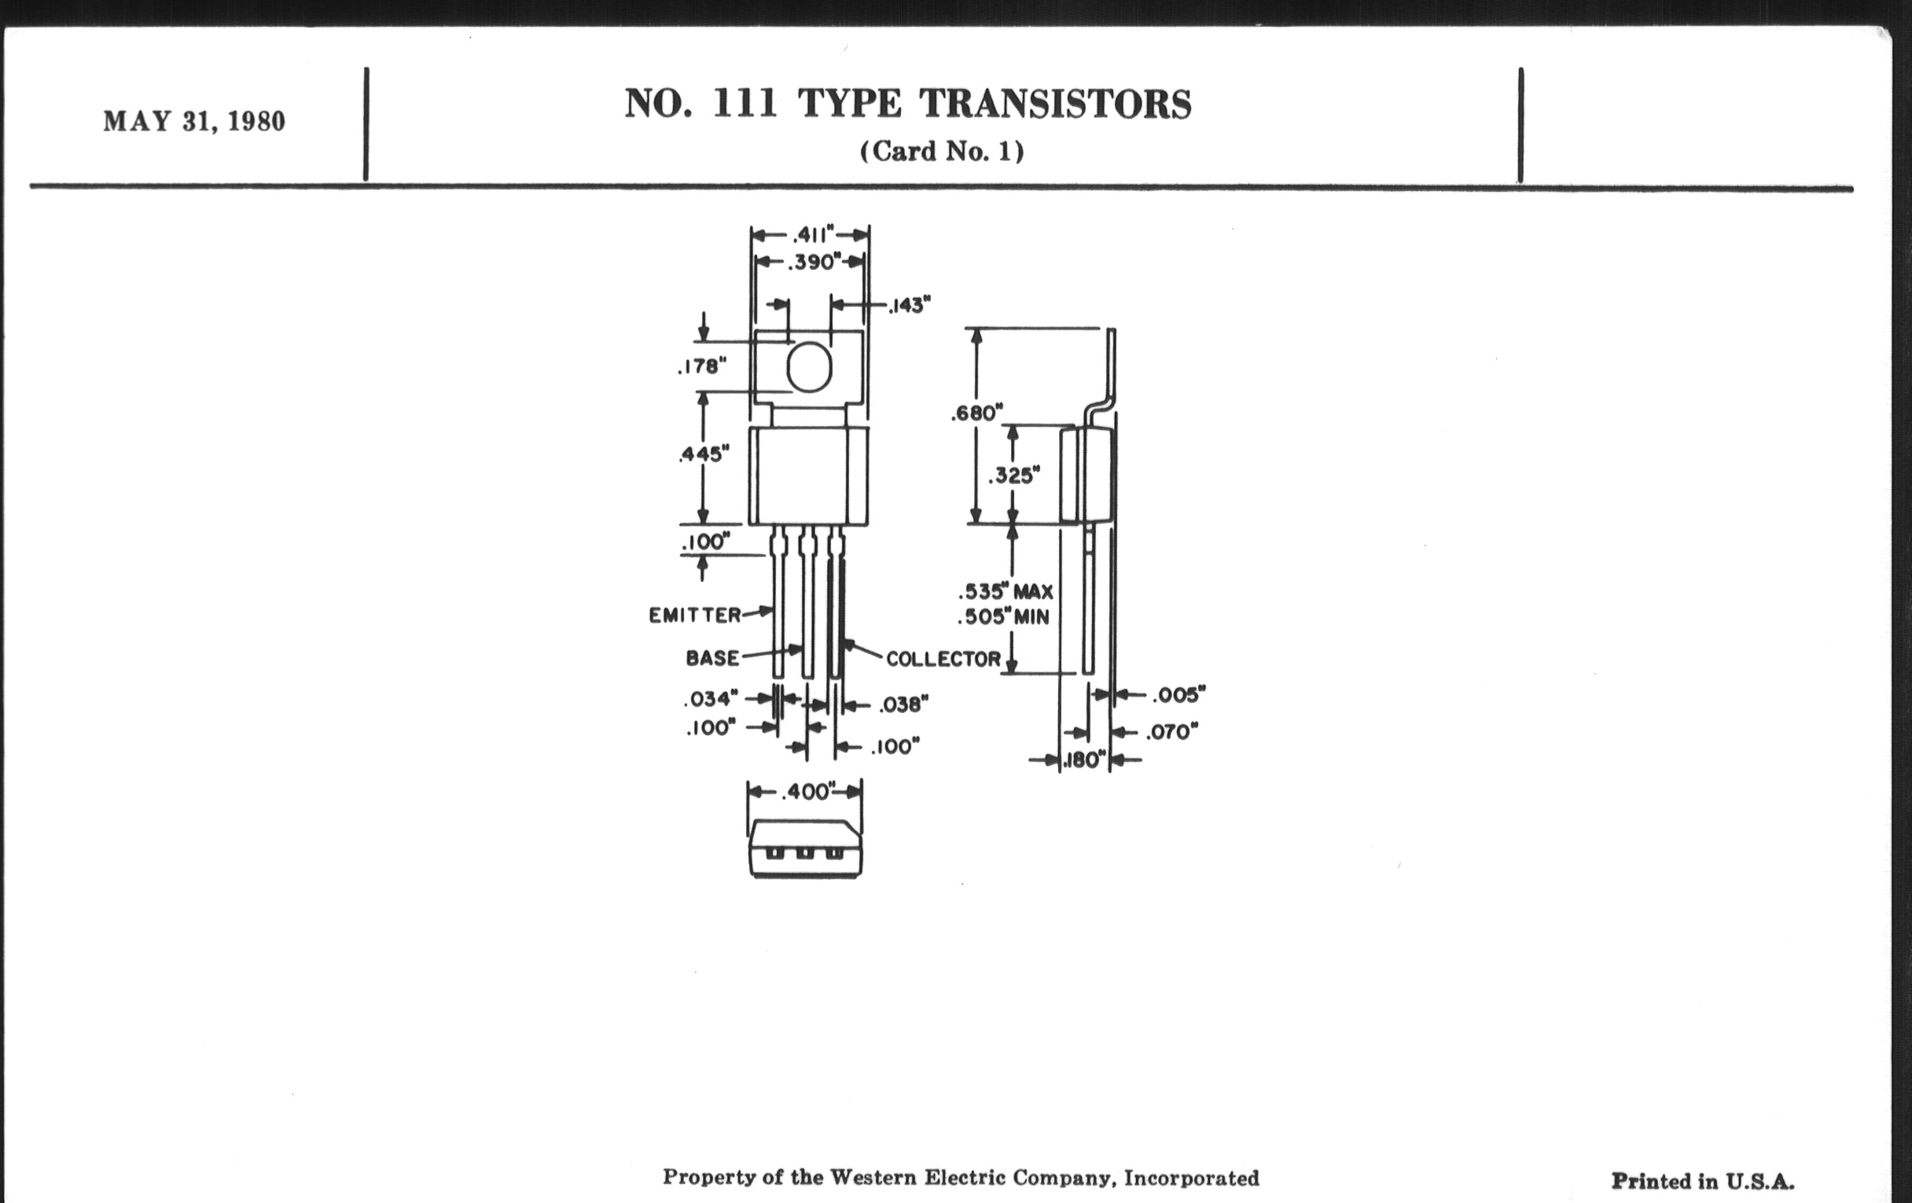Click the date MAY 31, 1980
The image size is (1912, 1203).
pyautogui.click(x=193, y=122)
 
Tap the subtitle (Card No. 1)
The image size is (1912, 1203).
pyautogui.click(x=942, y=151)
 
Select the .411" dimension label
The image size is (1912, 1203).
pyautogui.click(x=813, y=235)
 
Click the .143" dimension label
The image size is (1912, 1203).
pyautogui.click(x=908, y=305)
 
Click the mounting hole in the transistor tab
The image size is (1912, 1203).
pyautogui.click(x=808, y=367)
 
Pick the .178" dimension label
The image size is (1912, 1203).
pyautogui.click(x=702, y=366)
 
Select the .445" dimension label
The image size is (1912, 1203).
pyautogui.click(x=704, y=454)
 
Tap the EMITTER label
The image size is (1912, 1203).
pyautogui.click(x=695, y=616)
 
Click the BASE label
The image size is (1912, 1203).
pyautogui.click(x=712, y=658)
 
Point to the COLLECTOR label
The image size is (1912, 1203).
pyautogui.click(x=943, y=659)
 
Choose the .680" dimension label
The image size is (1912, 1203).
pyautogui.click(x=976, y=413)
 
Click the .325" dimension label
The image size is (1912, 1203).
pyautogui.click(x=1014, y=476)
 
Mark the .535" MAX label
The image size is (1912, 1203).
pyautogui.click(x=1006, y=591)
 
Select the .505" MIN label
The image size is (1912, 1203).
pyautogui.click(x=1003, y=617)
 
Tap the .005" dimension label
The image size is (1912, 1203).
pyautogui.click(x=1178, y=695)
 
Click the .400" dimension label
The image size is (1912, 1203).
pyautogui.click(x=809, y=792)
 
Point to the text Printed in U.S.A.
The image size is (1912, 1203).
pyautogui.click(x=1702, y=1182)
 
